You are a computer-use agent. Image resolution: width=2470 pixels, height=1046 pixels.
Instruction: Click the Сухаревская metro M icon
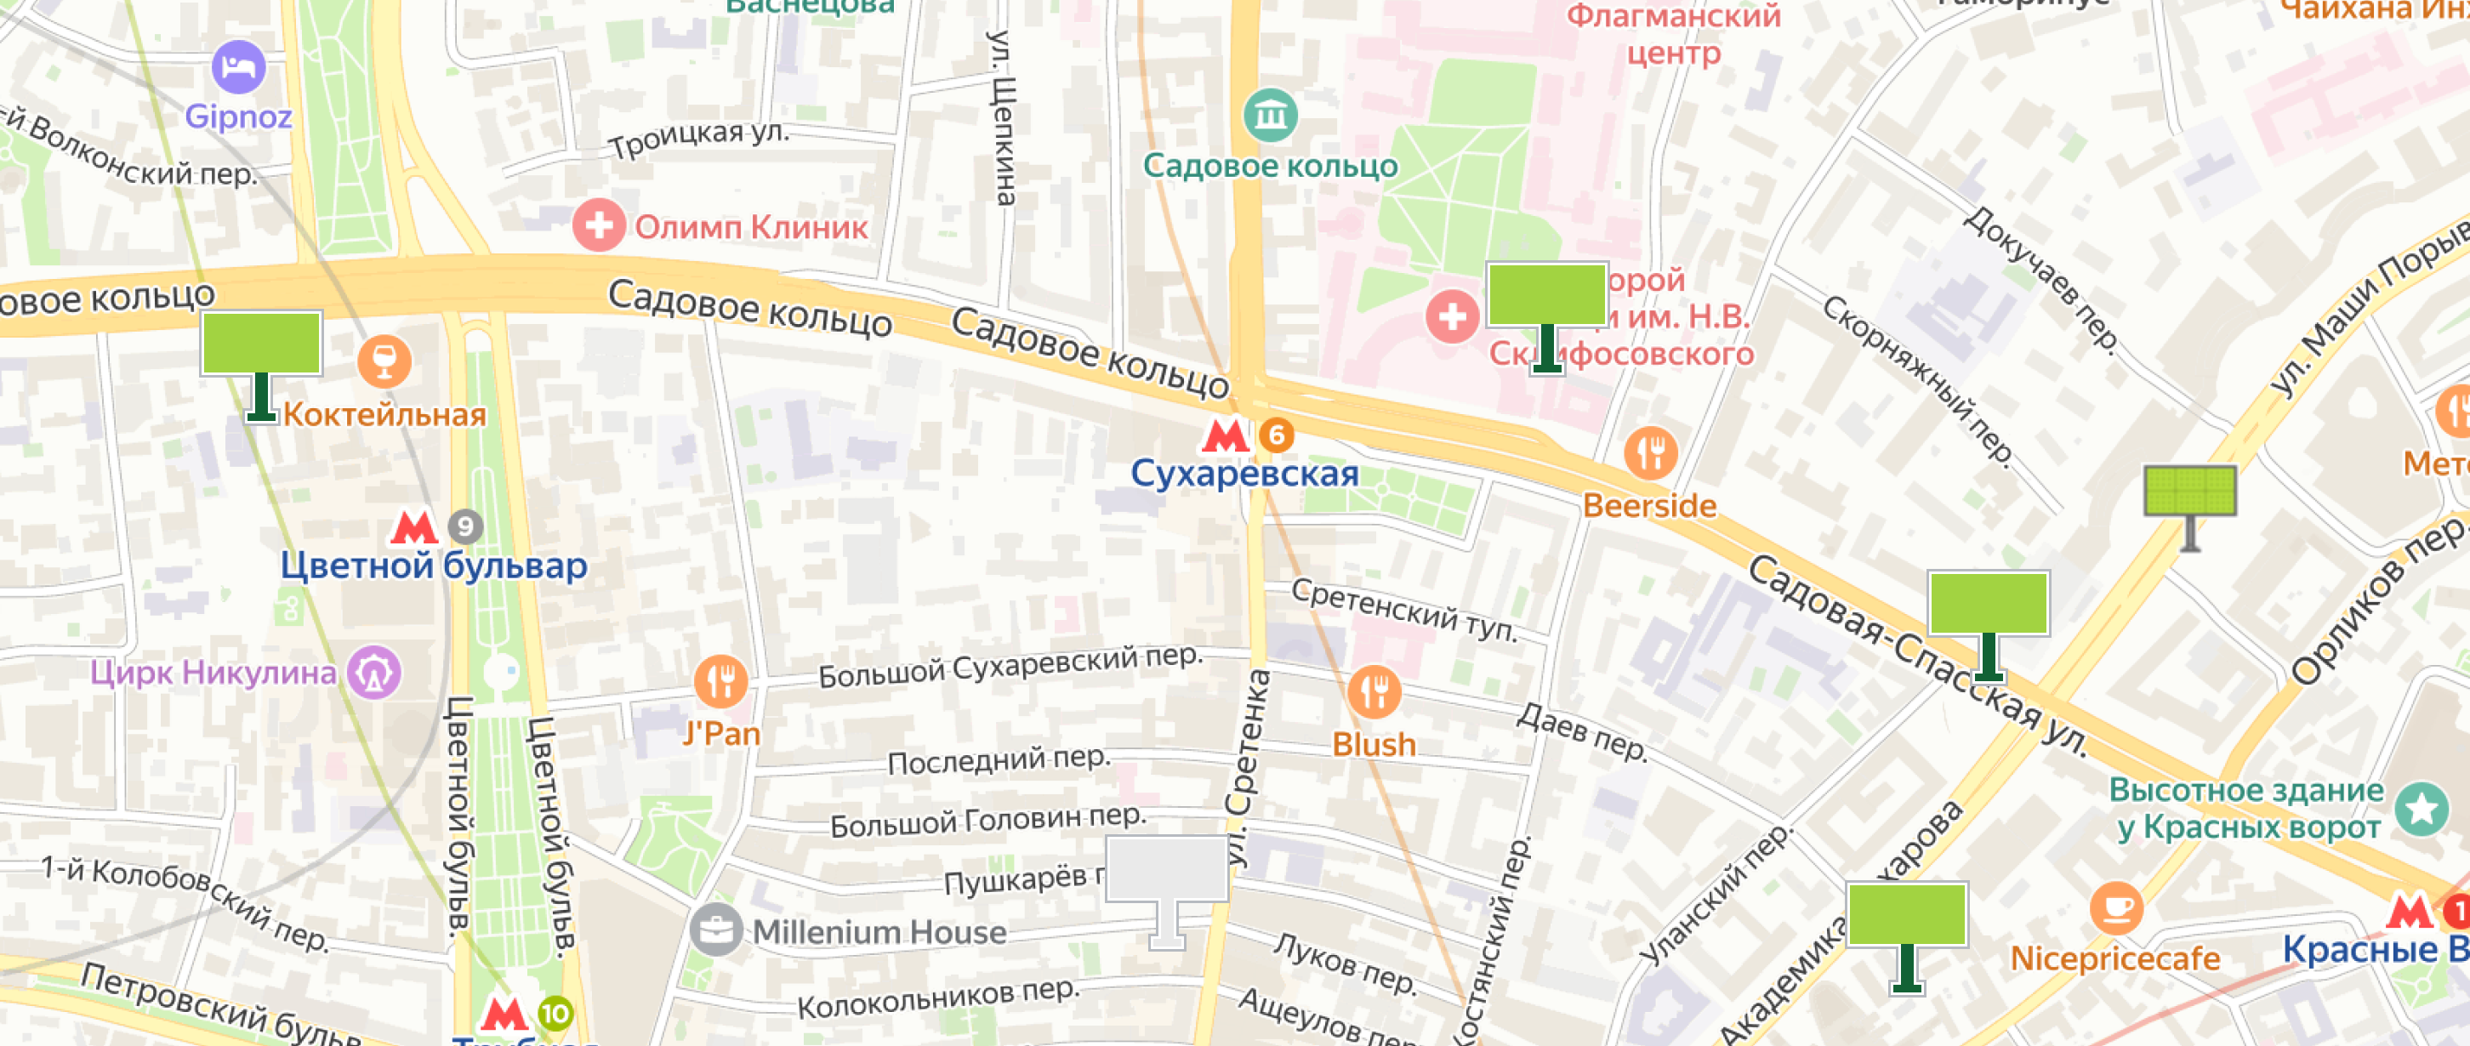pyautogui.click(x=1225, y=435)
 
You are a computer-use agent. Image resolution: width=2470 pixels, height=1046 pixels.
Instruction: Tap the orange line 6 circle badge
pyautogui.click(x=1276, y=435)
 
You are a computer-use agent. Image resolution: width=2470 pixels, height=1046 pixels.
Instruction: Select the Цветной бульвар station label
pyautogui.click(x=434, y=566)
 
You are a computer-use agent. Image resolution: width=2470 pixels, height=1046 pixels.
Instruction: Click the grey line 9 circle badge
pyautogui.click(x=466, y=526)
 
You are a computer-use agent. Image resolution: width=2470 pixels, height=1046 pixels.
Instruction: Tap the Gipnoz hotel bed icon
pyautogui.click(x=238, y=67)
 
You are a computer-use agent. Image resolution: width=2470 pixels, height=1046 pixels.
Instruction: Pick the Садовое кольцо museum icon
pyautogui.click(x=1271, y=115)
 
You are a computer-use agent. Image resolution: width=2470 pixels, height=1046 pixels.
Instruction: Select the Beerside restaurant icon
pyautogui.click(x=1650, y=452)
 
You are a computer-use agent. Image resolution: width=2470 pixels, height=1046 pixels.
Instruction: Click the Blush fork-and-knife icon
pyautogui.click(x=1374, y=691)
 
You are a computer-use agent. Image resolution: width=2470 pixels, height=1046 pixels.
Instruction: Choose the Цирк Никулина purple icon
pyautogui.click(x=374, y=672)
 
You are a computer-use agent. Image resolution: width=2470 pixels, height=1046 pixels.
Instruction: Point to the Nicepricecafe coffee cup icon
pyautogui.click(x=2116, y=907)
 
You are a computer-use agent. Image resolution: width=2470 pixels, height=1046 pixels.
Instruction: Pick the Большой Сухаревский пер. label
pyautogui.click(x=1010, y=667)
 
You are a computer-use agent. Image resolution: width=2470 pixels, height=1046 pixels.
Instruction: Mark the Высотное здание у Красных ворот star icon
pyautogui.click(x=2422, y=808)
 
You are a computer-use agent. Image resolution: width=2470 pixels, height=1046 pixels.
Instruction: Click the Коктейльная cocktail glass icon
pyautogui.click(x=384, y=361)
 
